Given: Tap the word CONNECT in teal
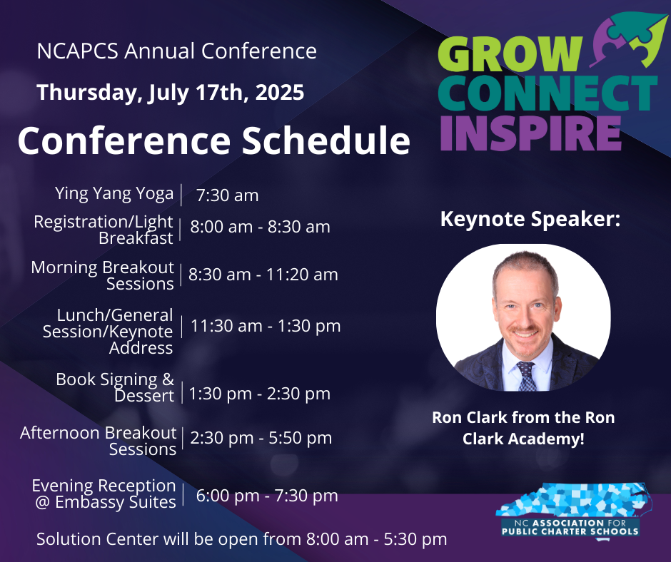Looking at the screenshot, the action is pos(548,93).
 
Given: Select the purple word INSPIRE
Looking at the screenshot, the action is pos(530,133).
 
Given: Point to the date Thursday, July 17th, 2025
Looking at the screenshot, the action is pos(171,93).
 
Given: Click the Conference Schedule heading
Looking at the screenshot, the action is pos(214,140).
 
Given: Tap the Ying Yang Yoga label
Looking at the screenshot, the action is pos(114,194).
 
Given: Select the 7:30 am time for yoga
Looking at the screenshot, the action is pos(227,195).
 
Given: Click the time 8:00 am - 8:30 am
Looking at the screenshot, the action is pos(260,227).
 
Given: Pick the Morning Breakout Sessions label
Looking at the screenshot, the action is pos(103,275).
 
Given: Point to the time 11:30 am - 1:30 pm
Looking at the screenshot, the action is pos(266,326).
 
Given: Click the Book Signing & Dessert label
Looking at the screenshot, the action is pos(115,387).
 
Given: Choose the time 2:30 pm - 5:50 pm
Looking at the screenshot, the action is pos(261,438).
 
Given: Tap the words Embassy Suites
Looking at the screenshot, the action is pos(116,502).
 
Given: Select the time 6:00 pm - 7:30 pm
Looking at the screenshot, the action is pos(267,496).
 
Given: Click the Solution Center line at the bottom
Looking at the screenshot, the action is pos(242,539).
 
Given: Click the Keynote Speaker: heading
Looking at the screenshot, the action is pos(530,219).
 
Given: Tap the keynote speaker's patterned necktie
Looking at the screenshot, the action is pos(526,376).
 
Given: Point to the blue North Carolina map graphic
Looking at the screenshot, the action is pos(575,499).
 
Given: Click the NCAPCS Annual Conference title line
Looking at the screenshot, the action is pos(177,51).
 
